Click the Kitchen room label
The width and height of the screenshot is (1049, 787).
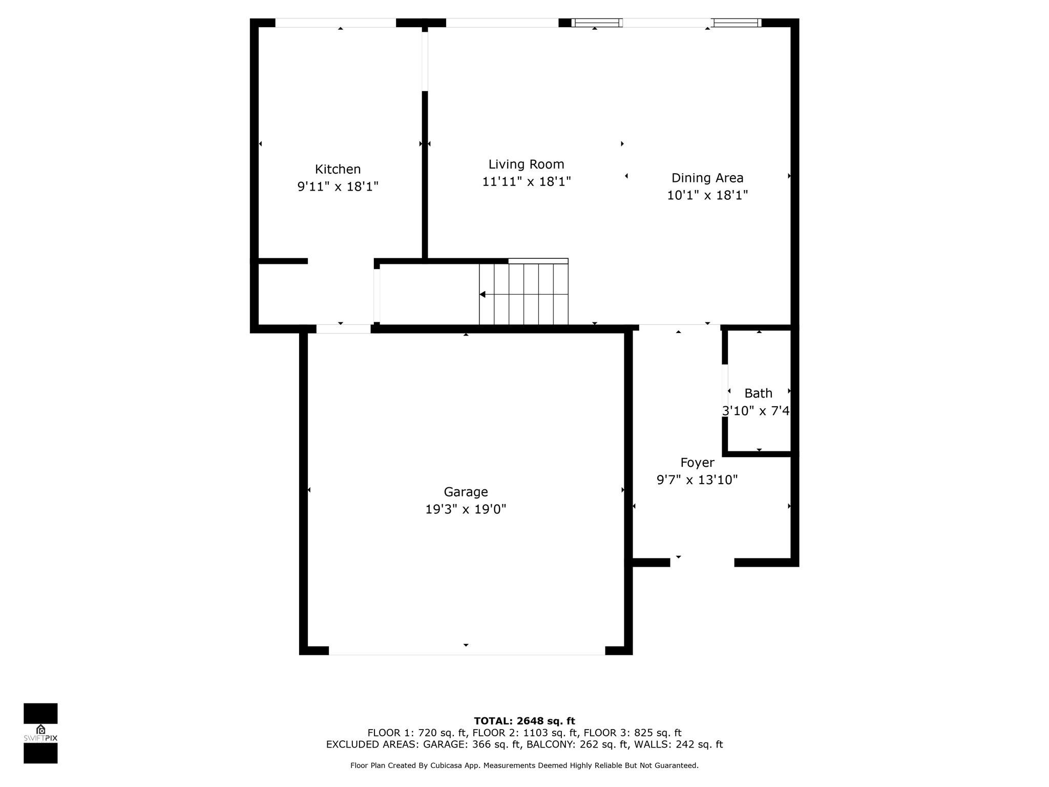338,169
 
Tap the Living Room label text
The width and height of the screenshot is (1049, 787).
526,164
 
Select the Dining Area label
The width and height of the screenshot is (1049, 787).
707,178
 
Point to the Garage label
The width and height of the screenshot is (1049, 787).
466,492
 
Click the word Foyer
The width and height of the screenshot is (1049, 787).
697,463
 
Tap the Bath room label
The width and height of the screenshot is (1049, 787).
758,393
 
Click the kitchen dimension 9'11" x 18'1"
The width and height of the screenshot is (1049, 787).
338,187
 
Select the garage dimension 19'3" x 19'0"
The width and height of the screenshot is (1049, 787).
466,509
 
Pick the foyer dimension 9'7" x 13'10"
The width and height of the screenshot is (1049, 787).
697,480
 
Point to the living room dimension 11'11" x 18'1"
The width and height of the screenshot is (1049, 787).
526,181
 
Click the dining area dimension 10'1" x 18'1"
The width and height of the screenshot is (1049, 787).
707,195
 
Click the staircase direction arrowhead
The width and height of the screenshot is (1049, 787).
482,294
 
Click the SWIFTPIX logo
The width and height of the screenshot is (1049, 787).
40,733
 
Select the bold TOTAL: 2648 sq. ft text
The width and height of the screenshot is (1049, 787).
524,721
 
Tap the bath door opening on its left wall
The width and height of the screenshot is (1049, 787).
725,390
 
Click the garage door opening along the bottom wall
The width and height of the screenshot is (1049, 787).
467,651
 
